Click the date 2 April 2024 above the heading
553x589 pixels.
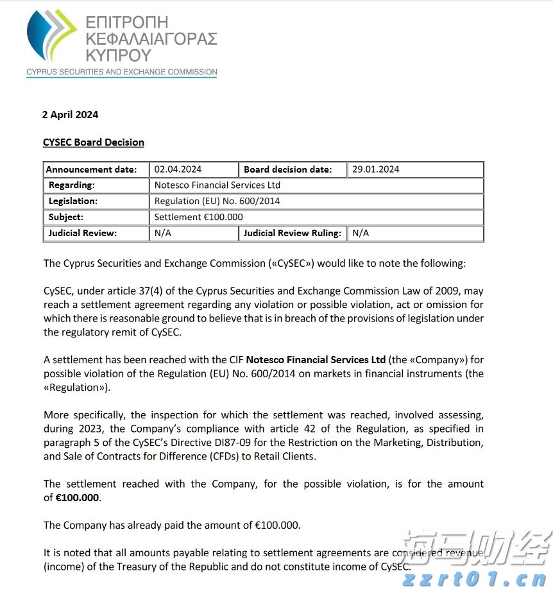click(x=70, y=115)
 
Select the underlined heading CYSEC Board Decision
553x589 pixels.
click(x=94, y=142)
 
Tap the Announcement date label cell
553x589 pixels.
click(x=92, y=169)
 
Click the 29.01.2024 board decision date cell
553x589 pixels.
click(x=375, y=169)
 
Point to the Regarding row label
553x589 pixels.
click(x=71, y=185)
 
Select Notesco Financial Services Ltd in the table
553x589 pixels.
click(x=217, y=185)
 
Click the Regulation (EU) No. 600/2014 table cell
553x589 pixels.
click(x=217, y=201)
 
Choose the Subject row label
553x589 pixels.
click(x=66, y=218)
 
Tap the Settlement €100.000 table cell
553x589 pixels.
click(x=199, y=218)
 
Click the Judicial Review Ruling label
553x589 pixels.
click(x=293, y=234)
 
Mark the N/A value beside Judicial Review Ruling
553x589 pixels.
click(x=361, y=234)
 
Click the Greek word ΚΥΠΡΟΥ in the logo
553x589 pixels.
click(x=118, y=55)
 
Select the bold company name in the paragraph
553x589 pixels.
click(x=316, y=359)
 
